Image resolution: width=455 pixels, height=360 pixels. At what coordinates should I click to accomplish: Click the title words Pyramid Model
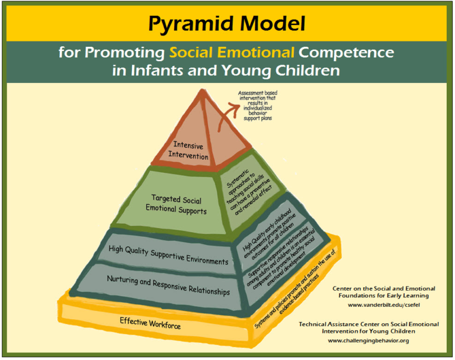click(227, 24)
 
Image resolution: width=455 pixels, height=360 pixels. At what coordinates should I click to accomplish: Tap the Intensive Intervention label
click(188, 150)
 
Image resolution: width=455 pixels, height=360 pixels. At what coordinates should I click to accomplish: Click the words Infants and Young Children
click(227, 70)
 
